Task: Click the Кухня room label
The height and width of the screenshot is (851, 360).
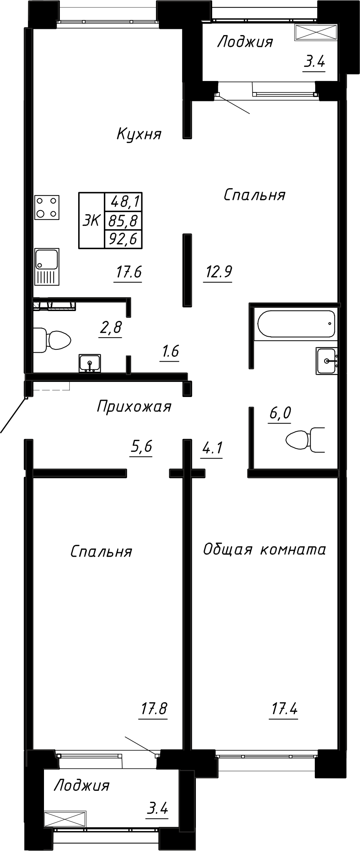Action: (139, 134)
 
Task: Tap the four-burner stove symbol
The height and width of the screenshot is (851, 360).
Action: (47, 207)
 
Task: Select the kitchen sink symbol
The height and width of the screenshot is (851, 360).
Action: (47, 267)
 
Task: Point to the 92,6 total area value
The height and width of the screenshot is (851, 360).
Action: (123, 239)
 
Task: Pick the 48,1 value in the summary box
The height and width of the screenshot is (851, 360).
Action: (123, 202)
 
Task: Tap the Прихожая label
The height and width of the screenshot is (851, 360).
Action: (134, 406)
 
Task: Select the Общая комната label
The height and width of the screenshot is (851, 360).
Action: (264, 550)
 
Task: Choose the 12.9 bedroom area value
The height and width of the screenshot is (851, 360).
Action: (218, 271)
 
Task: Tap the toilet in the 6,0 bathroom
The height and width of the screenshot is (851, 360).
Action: (305, 440)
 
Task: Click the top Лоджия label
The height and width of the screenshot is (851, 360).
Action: (245, 42)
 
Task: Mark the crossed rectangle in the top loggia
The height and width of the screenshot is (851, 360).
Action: (316, 32)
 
